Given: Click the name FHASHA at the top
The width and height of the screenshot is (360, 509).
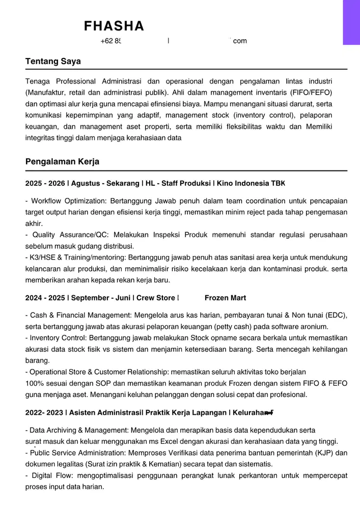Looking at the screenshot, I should [x=114, y=26].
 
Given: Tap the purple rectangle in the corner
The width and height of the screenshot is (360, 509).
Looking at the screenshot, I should [x=351, y=22].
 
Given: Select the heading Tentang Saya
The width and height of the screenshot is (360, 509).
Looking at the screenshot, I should [x=53, y=62].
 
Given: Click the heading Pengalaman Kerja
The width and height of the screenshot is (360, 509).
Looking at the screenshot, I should [x=62, y=162].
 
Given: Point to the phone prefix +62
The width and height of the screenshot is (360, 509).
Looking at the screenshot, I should [x=107, y=41].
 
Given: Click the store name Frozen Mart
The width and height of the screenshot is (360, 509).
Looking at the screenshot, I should [x=225, y=298].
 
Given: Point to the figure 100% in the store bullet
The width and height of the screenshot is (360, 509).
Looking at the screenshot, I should [x=35, y=383].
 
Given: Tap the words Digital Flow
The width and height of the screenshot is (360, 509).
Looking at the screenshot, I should [x=50, y=476].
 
